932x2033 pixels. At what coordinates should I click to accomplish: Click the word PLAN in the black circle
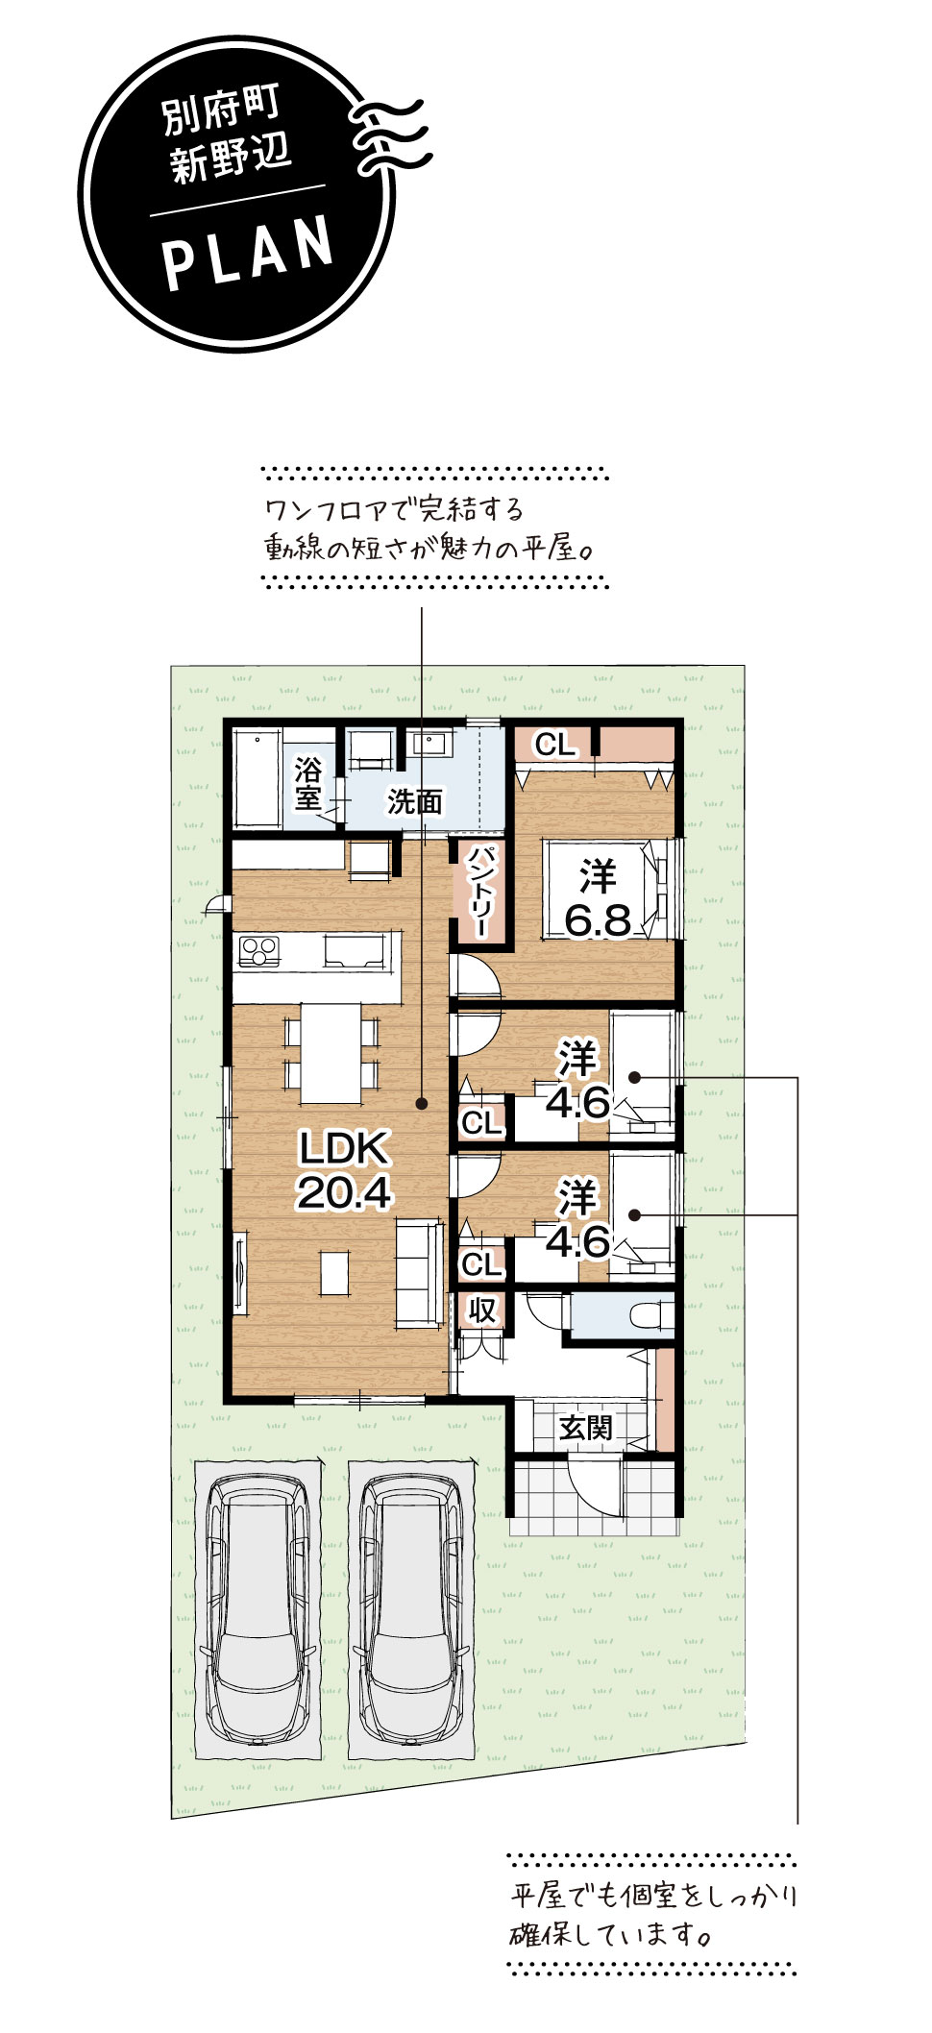click(249, 252)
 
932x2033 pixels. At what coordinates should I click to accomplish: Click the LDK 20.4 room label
click(344, 1170)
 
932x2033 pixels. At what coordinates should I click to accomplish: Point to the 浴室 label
click(308, 783)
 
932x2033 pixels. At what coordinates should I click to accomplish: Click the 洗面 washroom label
click(415, 801)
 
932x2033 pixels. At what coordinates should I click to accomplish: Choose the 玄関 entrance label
click(586, 1428)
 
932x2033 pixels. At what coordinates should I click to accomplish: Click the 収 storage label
click(482, 1310)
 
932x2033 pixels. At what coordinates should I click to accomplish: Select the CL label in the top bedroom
click(554, 744)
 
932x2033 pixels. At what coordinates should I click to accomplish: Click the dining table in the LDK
click(331, 1053)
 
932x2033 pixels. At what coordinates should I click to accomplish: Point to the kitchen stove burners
click(258, 951)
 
